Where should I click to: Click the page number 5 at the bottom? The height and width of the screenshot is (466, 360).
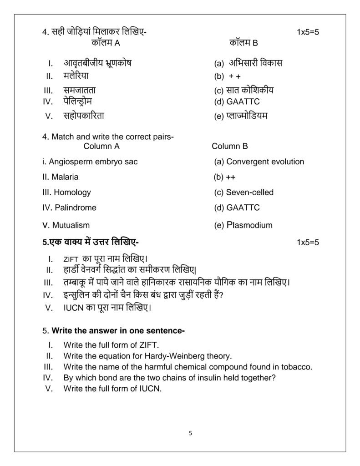(190, 433)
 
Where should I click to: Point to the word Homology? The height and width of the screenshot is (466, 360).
(72, 192)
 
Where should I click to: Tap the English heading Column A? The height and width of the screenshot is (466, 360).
(101, 146)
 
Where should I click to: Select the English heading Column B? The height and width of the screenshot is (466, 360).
(230, 146)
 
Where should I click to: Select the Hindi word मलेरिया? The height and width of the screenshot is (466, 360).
(76, 76)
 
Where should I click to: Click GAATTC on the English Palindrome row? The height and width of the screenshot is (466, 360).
(243, 208)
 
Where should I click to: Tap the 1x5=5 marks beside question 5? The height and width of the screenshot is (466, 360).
(308, 242)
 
